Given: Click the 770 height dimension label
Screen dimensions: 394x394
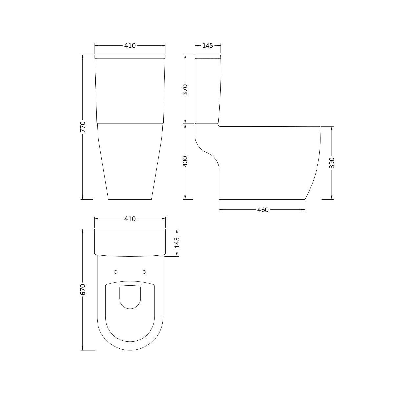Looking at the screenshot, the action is [83, 127].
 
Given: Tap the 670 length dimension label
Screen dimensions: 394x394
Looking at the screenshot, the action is [83, 290].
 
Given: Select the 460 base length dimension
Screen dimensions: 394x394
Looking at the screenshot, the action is [263, 210].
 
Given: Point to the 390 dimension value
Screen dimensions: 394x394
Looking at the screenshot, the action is [331, 163].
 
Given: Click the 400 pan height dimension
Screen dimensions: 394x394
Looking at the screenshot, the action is [185, 162].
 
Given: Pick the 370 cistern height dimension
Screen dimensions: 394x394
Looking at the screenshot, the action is [185, 90].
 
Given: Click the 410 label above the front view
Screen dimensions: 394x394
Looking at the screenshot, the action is [130, 45].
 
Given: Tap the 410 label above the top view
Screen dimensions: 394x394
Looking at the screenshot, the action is [130, 219].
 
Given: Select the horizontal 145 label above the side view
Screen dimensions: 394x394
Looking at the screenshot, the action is [208, 45].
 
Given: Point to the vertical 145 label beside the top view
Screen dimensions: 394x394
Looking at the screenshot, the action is [177, 243].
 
